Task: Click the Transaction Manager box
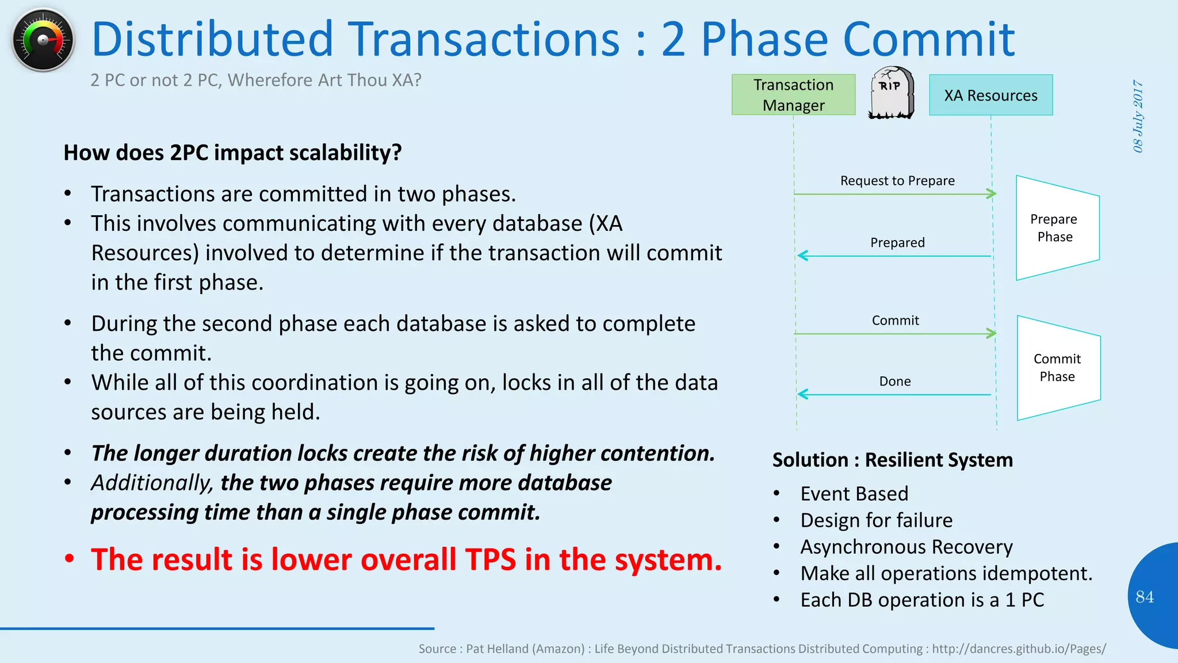point(793,95)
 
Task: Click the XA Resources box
point(990,95)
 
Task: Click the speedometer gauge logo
point(43,40)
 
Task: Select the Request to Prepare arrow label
point(897,181)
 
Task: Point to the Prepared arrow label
point(897,242)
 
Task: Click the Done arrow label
point(894,381)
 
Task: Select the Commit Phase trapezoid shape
point(1058,368)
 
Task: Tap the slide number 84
point(1144,597)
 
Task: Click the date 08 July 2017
point(1138,116)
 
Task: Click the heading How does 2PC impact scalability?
point(232,153)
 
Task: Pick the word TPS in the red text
point(490,559)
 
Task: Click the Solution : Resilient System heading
point(892,460)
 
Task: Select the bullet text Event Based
point(854,494)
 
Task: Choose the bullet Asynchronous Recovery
point(906,547)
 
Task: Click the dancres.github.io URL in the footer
point(1018,649)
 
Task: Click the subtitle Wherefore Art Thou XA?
point(324,80)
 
